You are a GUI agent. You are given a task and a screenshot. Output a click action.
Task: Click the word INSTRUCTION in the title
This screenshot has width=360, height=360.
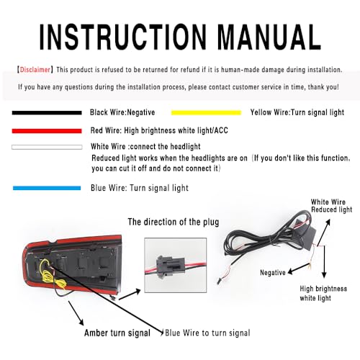click(x=122, y=37)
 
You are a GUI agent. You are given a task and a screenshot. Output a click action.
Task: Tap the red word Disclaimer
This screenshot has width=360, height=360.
click(x=35, y=70)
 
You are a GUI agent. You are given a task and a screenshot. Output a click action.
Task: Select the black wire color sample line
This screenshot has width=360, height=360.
click(x=47, y=112)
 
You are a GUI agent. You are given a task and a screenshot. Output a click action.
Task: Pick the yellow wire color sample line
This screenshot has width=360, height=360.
click(x=206, y=112)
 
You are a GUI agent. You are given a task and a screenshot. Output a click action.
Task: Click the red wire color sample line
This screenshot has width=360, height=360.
click(x=47, y=131)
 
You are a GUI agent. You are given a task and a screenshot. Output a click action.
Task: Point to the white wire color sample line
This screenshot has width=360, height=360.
click(x=47, y=147)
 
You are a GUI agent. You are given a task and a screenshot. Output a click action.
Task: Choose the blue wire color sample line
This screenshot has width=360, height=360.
click(x=47, y=188)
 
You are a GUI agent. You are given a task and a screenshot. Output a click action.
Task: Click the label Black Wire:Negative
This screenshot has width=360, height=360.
click(x=122, y=112)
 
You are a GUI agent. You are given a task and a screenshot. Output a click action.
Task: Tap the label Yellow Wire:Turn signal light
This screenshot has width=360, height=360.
click(x=297, y=112)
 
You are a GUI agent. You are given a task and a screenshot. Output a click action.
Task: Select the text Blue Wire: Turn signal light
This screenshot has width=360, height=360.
click(x=140, y=188)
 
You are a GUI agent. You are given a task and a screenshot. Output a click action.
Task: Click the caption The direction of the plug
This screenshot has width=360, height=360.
click(x=174, y=222)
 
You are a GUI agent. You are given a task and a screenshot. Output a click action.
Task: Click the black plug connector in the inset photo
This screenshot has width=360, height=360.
click(x=167, y=266)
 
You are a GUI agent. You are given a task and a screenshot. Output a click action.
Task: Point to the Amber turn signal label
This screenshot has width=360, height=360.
click(x=117, y=333)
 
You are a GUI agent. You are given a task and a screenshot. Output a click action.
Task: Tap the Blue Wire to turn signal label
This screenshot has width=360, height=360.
click(x=207, y=333)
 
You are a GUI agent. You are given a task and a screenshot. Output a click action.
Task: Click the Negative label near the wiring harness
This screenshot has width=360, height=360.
click(x=273, y=273)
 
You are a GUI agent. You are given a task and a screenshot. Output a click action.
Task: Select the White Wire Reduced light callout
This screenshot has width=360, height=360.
click(x=331, y=206)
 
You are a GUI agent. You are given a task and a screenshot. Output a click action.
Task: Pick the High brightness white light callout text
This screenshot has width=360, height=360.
click(x=323, y=293)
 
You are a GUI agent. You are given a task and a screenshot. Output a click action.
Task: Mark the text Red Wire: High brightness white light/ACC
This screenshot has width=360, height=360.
click(x=159, y=130)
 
